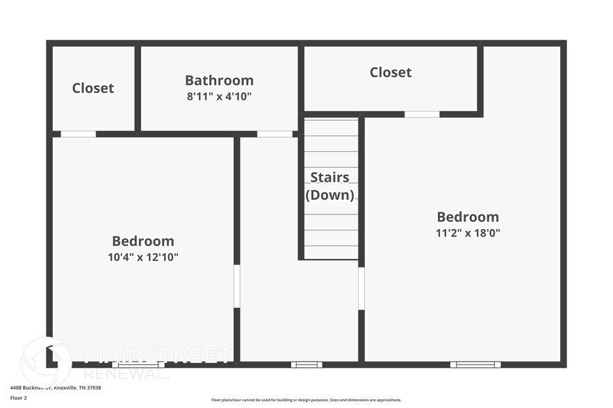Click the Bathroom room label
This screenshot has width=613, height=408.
tap(219, 80)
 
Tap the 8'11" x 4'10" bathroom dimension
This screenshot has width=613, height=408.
tap(219, 96)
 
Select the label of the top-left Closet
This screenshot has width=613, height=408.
tap(93, 88)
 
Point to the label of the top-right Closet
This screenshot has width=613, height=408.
tap(391, 72)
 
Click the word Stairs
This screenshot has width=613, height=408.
tap(330, 177)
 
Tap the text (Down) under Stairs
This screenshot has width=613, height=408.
tap(330, 194)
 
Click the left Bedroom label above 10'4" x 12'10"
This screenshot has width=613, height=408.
tap(143, 241)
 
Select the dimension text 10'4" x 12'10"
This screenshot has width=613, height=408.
tap(143, 257)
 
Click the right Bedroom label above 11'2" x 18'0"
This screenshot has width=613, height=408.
tap(468, 216)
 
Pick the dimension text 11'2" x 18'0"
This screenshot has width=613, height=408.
tap(468, 233)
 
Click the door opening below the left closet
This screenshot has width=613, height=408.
tap(78, 134)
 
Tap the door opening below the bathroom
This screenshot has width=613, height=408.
tap(275, 134)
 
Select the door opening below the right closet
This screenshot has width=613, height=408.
tap(422, 114)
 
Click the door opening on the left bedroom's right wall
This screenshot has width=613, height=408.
tap(236, 286)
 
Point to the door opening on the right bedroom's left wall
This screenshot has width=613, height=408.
tap(361, 289)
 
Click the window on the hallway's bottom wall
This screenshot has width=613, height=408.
tap(306, 364)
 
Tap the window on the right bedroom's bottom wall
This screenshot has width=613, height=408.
tap(475, 364)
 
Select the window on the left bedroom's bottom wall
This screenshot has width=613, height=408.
tap(138, 364)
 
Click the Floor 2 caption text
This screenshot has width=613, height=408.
tap(18, 398)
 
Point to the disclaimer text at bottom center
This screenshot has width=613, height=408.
tap(306, 400)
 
